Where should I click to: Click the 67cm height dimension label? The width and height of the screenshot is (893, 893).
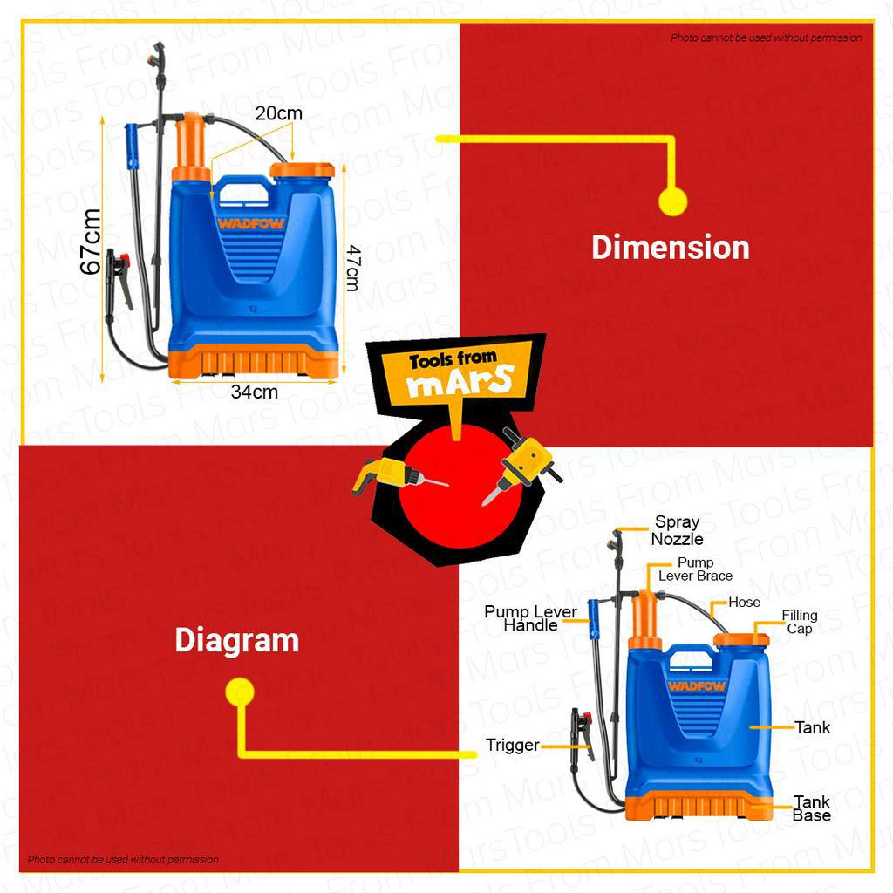(x=92, y=242)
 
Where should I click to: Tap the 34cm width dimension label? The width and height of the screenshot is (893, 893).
(x=255, y=392)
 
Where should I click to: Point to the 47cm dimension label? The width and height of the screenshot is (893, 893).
(x=352, y=267)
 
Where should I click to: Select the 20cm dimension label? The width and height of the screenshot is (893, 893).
(x=279, y=113)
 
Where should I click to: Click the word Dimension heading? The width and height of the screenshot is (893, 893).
(x=670, y=248)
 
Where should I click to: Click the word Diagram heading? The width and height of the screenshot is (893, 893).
(x=236, y=641)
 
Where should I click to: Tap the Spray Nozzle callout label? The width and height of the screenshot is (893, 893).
(x=678, y=530)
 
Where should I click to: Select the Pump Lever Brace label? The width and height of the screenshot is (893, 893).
(x=695, y=569)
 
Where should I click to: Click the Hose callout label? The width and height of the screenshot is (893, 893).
(x=744, y=603)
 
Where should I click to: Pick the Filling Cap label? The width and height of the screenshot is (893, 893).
(x=799, y=623)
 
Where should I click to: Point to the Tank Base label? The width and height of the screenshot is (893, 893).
(x=812, y=808)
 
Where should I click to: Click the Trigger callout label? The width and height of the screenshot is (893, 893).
(x=513, y=746)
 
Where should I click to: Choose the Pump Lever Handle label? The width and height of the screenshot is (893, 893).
(x=530, y=618)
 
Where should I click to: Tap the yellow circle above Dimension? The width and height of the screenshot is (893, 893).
(x=672, y=201)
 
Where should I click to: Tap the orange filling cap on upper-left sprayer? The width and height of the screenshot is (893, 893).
(x=302, y=170)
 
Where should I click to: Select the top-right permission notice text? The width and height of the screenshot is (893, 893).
(x=766, y=37)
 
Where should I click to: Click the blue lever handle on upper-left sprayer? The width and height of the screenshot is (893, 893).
(x=132, y=145)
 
